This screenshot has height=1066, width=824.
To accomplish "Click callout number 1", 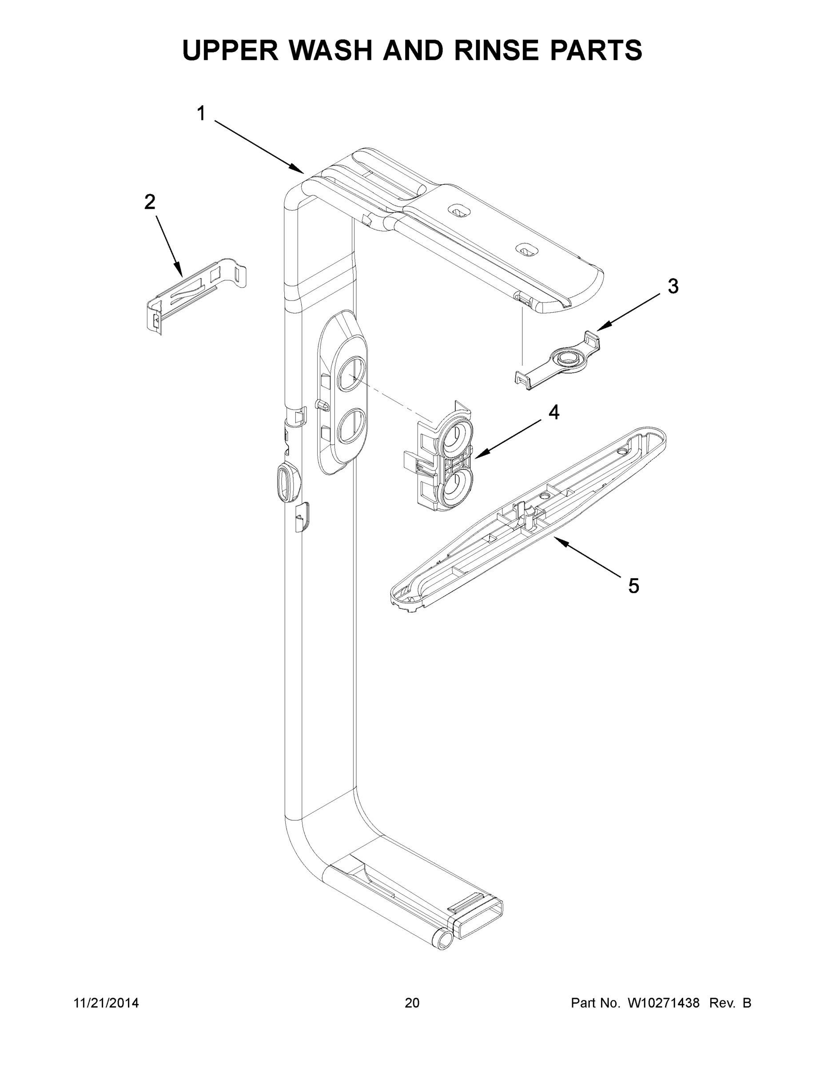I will (x=201, y=114).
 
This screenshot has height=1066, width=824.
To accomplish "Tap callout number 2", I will (x=150, y=202).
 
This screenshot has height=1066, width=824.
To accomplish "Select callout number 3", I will (x=673, y=286).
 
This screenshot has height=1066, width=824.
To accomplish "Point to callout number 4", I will (x=553, y=413).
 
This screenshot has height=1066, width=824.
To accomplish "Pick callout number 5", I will (x=633, y=586).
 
